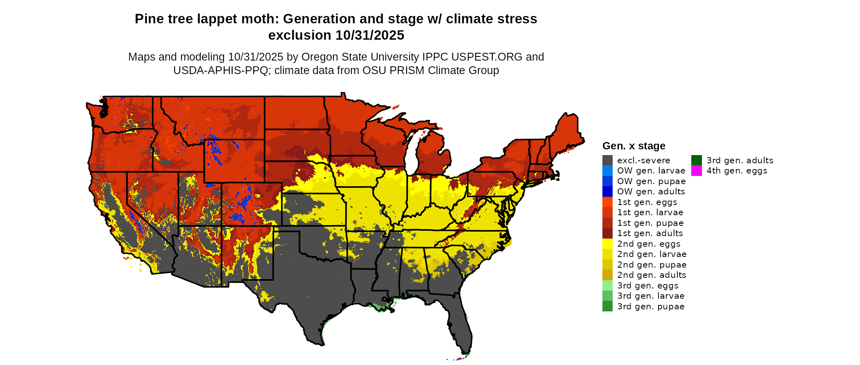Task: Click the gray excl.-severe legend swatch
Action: pyautogui.click(x=607, y=160)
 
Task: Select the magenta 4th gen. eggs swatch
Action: pyautogui.click(x=696, y=171)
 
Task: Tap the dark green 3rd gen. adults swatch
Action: pyautogui.click(x=696, y=160)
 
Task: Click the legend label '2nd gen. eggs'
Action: pyautogui.click(x=649, y=244)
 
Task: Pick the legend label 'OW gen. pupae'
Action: pyautogui.click(x=651, y=181)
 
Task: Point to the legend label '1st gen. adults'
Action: pyautogui.click(x=650, y=233)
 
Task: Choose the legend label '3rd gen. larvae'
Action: pyautogui.click(x=651, y=296)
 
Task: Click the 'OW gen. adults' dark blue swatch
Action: pyautogui.click(x=607, y=192)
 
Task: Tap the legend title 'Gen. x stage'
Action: pyautogui.click(x=634, y=146)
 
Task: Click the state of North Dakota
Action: pyautogui.click(x=295, y=113)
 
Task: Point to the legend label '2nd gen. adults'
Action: pyautogui.click(x=652, y=275)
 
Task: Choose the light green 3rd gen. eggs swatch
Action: pyautogui.click(x=607, y=286)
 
